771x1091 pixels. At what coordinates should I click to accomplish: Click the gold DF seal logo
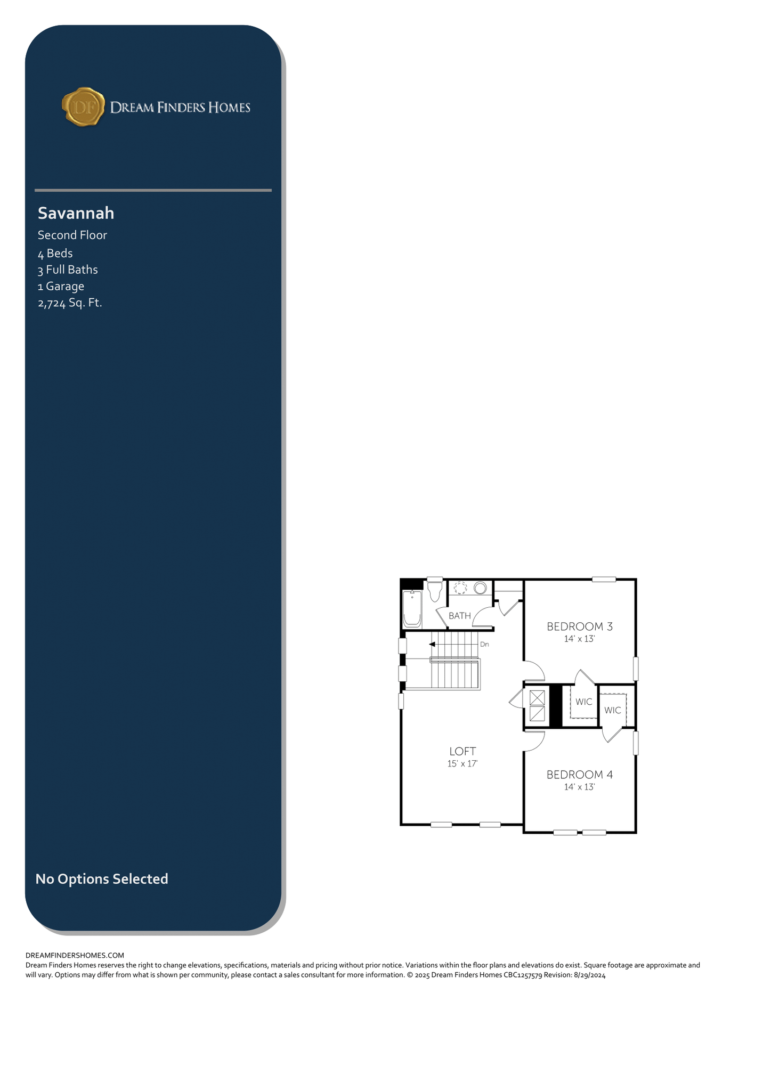(83, 107)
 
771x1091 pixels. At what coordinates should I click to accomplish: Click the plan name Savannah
(76, 213)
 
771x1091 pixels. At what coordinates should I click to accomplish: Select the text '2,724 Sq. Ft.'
(69, 303)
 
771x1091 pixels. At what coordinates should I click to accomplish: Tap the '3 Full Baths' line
(68, 270)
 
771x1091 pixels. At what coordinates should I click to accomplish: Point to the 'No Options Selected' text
(102, 878)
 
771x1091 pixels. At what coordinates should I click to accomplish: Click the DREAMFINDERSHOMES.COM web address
(75, 955)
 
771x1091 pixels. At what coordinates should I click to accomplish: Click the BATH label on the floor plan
(460, 616)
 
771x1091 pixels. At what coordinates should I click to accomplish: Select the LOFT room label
(462, 751)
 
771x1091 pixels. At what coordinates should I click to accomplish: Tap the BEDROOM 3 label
(580, 626)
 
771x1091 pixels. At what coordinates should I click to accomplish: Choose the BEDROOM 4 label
(580, 775)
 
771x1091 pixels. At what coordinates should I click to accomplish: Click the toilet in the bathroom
(435, 591)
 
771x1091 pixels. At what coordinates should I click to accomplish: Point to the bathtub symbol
(412, 608)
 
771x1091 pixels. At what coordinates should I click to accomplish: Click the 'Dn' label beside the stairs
(484, 644)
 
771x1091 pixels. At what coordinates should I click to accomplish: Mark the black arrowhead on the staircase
(432, 645)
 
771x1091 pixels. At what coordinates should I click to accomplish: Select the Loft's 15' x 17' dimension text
(462, 763)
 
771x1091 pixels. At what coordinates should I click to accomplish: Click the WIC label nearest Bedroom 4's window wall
(613, 710)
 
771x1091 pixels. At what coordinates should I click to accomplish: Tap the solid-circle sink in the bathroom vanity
(481, 588)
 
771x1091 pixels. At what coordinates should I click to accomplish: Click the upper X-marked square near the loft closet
(537, 698)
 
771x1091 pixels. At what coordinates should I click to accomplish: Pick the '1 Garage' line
(61, 287)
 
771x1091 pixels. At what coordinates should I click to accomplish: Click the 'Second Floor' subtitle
(72, 235)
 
